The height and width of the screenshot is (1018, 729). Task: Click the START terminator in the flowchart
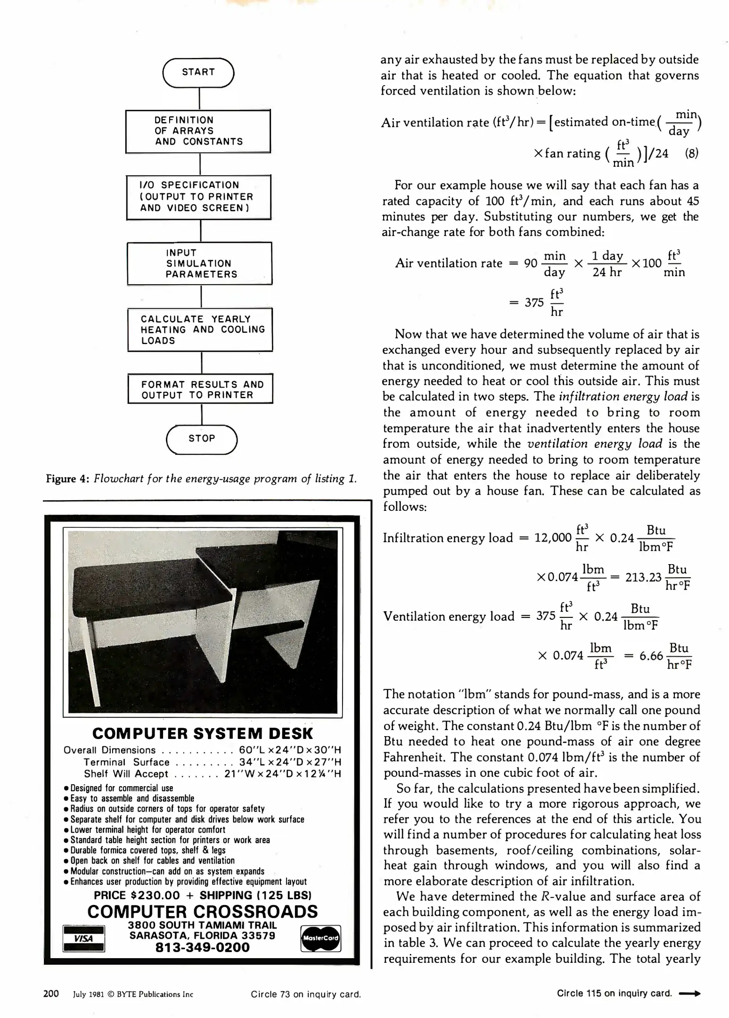pyautogui.click(x=198, y=73)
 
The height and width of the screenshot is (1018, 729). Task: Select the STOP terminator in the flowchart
pyautogui.click(x=202, y=439)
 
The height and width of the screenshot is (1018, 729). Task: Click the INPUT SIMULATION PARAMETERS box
pyautogui.click(x=200, y=263)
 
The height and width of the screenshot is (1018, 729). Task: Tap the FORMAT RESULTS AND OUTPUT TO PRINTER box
pyautogui.click(x=201, y=389)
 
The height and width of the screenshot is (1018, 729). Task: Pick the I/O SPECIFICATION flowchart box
pyautogui.click(x=199, y=197)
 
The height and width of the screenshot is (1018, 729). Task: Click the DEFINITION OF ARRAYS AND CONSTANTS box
pyautogui.click(x=198, y=131)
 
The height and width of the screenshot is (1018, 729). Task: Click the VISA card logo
pyautogui.click(x=83, y=938)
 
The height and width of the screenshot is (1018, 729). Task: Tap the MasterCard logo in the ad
pyautogui.click(x=320, y=938)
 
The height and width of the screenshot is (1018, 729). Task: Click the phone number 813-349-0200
pyautogui.click(x=202, y=947)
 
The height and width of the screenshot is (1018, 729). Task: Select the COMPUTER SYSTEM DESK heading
pyautogui.click(x=202, y=734)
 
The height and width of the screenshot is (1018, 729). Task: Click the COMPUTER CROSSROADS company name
pyautogui.click(x=202, y=911)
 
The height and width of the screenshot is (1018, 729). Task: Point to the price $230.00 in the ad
pyautogui.click(x=155, y=895)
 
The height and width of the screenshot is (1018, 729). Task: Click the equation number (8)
pyautogui.click(x=691, y=154)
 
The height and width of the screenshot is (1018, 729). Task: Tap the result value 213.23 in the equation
pyautogui.click(x=643, y=577)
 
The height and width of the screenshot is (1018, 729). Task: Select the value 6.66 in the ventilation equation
pyautogui.click(x=651, y=656)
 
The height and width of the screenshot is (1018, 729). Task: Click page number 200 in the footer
pyautogui.click(x=51, y=994)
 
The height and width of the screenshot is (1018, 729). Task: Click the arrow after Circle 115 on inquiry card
pyautogui.click(x=690, y=994)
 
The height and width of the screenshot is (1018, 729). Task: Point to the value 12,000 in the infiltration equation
pyautogui.click(x=552, y=538)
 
